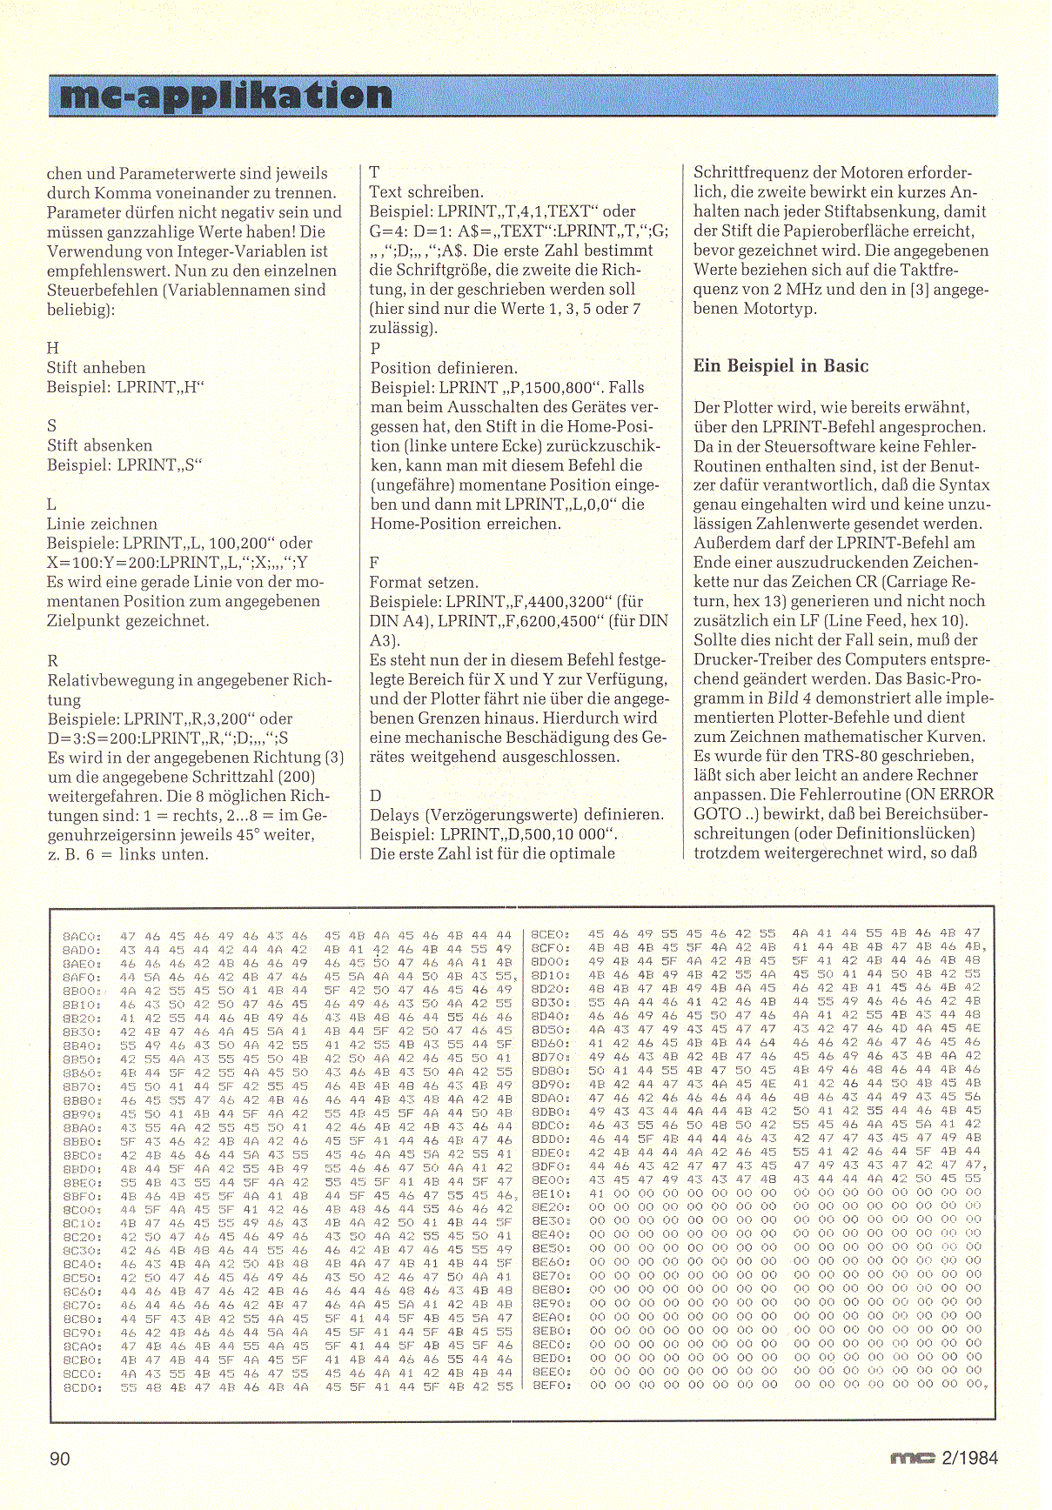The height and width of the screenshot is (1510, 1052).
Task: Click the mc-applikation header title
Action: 226,95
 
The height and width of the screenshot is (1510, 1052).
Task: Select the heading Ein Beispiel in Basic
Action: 781,366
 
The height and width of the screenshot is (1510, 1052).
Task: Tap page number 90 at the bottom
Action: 60,1459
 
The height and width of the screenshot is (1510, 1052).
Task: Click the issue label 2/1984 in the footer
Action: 969,1459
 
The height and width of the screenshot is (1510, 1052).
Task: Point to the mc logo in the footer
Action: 912,1459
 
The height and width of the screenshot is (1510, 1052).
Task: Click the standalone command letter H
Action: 53,348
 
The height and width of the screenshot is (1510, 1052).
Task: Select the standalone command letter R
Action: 52,661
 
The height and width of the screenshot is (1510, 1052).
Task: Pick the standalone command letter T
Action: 374,172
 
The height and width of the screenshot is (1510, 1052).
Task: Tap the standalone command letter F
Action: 374,563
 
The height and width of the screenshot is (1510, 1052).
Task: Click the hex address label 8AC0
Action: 83,937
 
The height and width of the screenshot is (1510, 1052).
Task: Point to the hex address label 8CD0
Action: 83,1387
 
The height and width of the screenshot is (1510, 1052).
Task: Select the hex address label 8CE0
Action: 550,933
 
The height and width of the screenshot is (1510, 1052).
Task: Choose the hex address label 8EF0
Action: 550,1385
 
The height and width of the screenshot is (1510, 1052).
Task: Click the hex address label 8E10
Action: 550,1193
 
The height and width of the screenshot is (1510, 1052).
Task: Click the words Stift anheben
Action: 97,368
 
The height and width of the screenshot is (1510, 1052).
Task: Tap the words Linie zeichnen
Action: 103,524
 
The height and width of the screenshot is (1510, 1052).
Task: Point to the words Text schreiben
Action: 426,191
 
